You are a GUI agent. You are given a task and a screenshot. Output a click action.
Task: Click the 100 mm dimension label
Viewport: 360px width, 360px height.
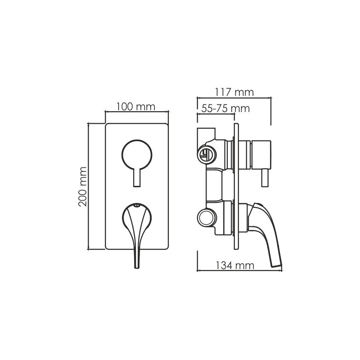tap(136, 107)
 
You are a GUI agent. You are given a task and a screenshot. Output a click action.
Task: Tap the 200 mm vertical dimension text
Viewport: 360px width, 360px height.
tap(83, 187)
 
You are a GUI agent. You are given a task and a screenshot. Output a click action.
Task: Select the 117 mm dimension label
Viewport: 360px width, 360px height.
tap(234, 92)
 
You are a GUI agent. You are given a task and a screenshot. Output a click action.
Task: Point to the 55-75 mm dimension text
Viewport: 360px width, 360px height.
tap(226, 108)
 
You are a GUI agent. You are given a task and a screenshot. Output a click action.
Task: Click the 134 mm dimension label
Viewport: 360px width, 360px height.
tap(234, 265)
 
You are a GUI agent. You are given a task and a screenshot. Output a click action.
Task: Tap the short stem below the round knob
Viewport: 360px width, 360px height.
tap(137, 178)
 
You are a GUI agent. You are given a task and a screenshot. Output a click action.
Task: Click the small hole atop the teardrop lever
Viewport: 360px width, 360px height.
tap(137, 206)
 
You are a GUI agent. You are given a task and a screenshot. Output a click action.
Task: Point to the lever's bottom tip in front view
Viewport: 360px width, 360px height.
tap(137, 268)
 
